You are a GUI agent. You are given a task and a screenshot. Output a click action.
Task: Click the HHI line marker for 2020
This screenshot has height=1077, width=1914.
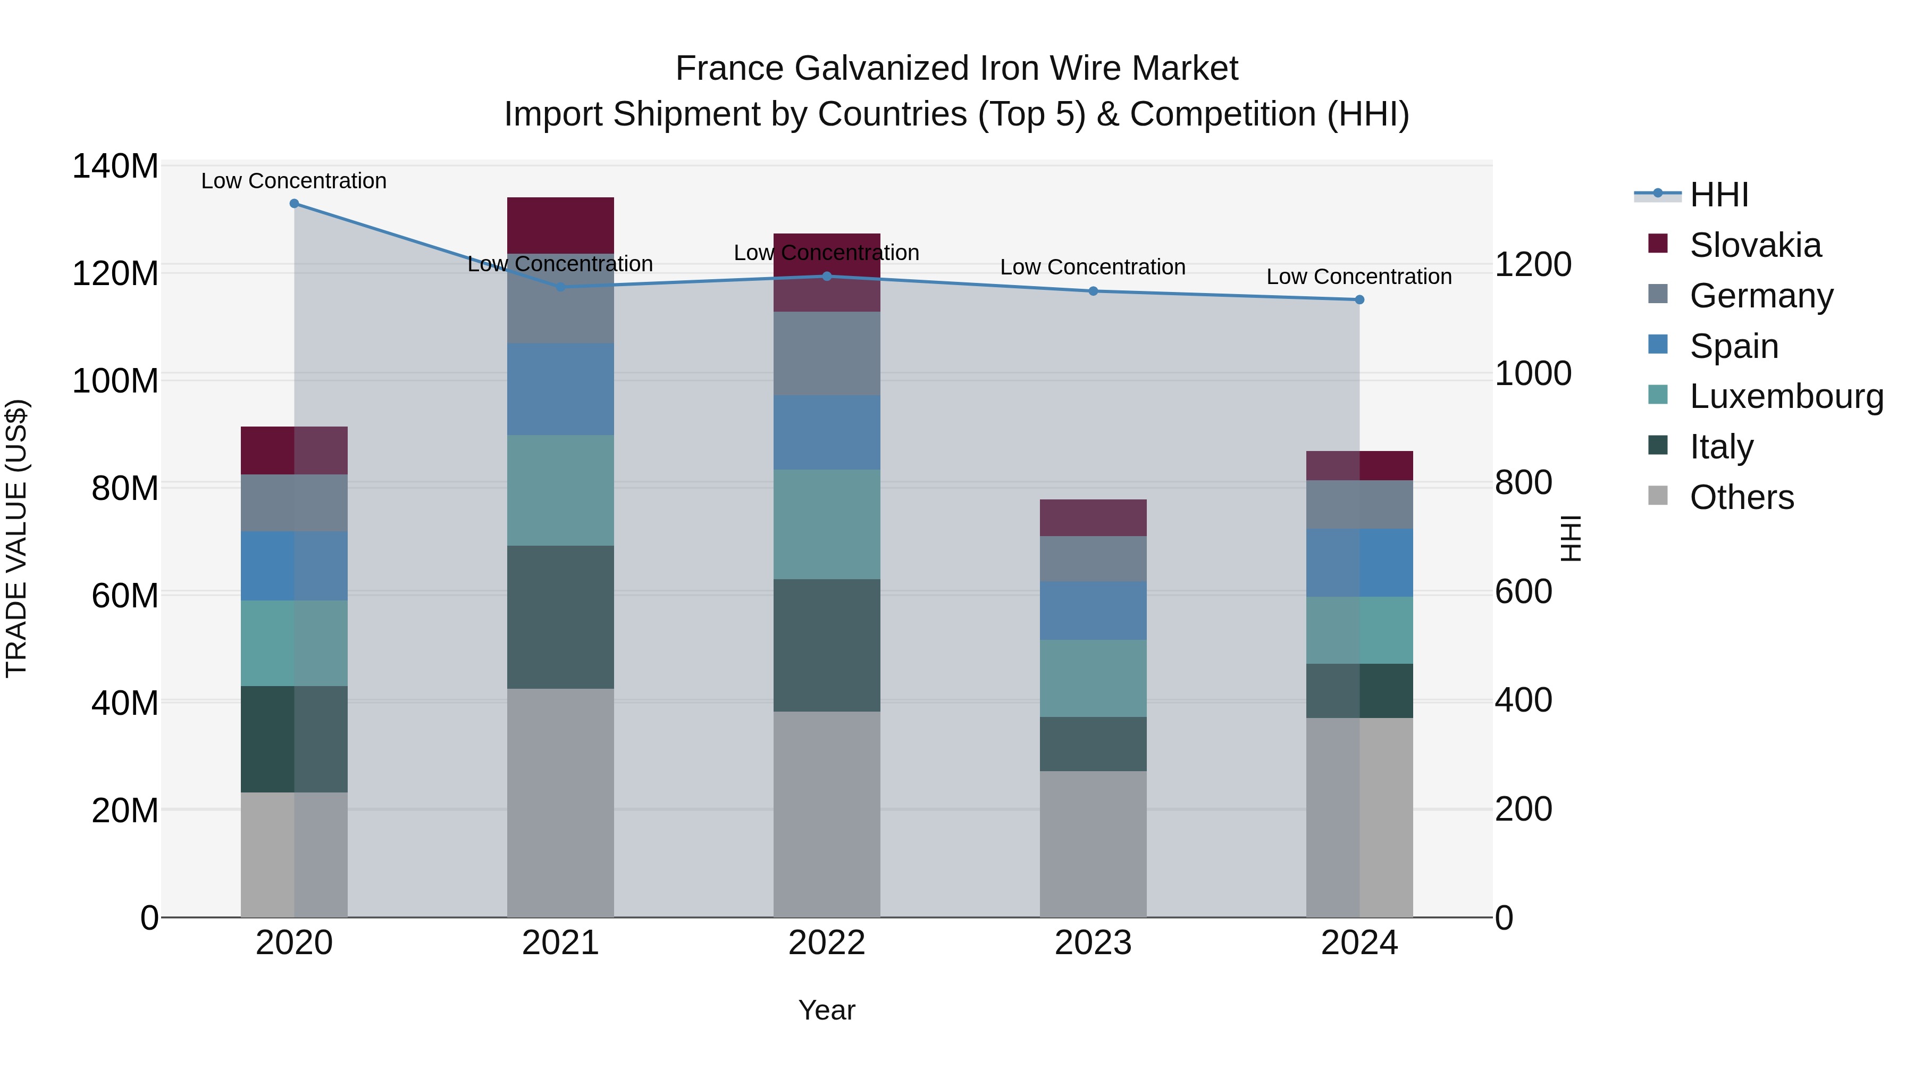pyautogui.click(x=294, y=204)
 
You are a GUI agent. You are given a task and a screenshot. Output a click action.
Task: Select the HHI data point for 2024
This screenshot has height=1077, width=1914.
pyautogui.click(x=1359, y=299)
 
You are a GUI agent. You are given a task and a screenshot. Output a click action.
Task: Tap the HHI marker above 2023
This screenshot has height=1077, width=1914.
pyautogui.click(x=1093, y=291)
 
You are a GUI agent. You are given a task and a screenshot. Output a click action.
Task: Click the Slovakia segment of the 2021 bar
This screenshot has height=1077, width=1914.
pyautogui.click(x=560, y=225)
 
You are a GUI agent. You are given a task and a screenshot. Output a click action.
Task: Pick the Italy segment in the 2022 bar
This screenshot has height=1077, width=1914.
pyautogui.click(x=827, y=645)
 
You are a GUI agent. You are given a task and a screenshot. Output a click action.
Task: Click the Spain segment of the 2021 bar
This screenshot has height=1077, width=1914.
pyautogui.click(x=560, y=389)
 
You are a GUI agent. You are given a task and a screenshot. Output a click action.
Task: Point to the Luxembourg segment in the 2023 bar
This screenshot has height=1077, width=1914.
pyautogui.click(x=1093, y=678)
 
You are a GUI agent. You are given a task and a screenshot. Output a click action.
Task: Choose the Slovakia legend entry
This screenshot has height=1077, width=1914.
pyautogui.click(x=1755, y=245)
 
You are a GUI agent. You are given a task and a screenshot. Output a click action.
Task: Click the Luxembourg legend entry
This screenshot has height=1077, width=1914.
pyautogui.click(x=1786, y=396)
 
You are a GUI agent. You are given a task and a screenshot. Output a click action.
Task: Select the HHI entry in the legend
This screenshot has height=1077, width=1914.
pyautogui.click(x=1718, y=195)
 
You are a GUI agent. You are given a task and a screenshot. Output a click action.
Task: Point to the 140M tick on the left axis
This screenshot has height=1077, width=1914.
pyautogui.click(x=115, y=166)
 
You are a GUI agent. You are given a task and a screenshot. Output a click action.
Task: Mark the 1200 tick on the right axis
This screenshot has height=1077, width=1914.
pyautogui.click(x=1533, y=265)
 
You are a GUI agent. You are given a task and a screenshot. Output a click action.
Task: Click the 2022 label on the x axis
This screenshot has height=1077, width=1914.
pyautogui.click(x=827, y=943)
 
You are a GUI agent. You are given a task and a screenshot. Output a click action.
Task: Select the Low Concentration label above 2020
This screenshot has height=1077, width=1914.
pyautogui.click(x=294, y=181)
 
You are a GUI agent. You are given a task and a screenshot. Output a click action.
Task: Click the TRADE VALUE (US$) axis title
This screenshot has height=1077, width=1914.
pyautogui.click(x=16, y=538)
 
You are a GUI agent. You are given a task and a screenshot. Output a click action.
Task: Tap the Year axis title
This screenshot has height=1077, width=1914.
pyautogui.click(x=827, y=1010)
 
